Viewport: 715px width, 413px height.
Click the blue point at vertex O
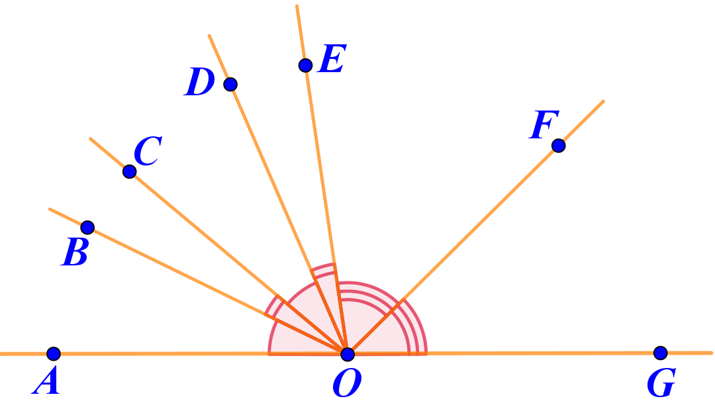click(x=348, y=354)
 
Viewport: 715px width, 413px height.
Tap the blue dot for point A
click(x=54, y=354)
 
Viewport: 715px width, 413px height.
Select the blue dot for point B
click(x=87, y=228)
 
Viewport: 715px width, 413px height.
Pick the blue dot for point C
click(x=130, y=171)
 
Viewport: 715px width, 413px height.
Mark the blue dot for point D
click(x=230, y=84)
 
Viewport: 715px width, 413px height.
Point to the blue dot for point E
click(x=305, y=65)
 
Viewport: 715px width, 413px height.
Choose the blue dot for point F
click(x=558, y=146)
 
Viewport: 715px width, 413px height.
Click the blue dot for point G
click(x=660, y=353)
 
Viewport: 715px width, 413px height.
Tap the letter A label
click(x=46, y=383)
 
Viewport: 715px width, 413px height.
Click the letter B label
click(x=75, y=253)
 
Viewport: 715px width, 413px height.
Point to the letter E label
click(x=332, y=60)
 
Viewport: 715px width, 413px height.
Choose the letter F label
click(x=544, y=125)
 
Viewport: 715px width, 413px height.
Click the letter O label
click(x=346, y=384)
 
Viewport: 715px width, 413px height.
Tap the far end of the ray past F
click(x=603, y=101)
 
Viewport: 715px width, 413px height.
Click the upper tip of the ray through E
click(x=297, y=6)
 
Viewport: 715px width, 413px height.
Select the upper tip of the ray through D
click(x=209, y=36)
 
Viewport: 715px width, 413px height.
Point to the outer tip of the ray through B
click(x=50, y=209)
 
